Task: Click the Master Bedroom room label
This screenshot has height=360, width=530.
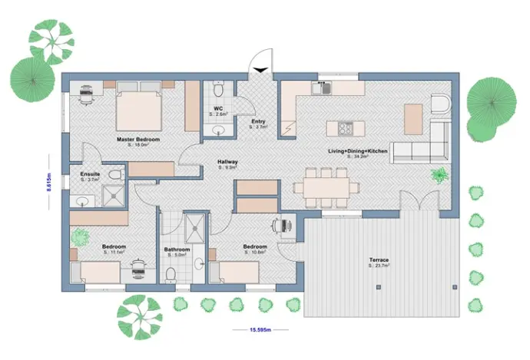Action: point(138,140)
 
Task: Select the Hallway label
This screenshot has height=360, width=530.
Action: point(227,162)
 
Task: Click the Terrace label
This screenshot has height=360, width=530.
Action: point(379,260)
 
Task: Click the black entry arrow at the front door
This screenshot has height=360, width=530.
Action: point(261,71)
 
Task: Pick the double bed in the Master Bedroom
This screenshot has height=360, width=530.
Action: point(139,111)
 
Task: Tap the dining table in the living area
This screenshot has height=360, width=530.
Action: point(329,184)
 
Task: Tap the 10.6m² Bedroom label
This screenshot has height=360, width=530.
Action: point(255,246)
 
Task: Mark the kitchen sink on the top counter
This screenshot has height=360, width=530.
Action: point(322,88)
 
